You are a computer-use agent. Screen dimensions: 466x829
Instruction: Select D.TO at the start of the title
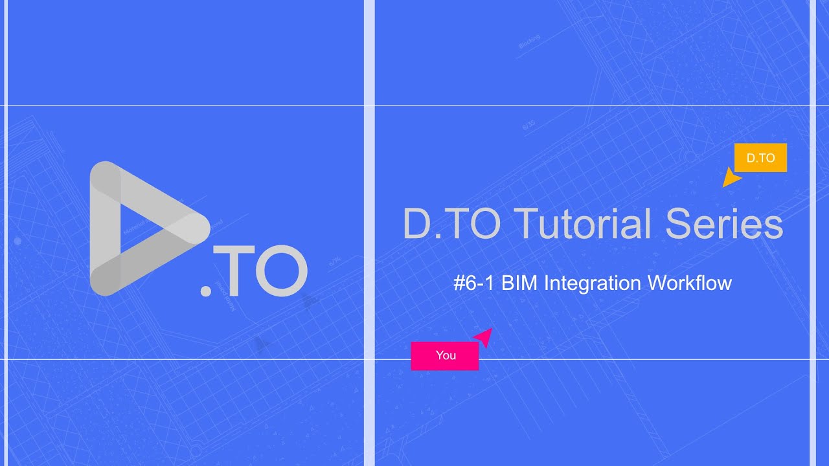pos(451,225)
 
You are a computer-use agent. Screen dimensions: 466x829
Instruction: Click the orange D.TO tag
pos(760,158)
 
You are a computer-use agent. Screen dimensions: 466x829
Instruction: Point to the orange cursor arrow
pos(731,178)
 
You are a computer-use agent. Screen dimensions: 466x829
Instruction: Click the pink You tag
pos(445,355)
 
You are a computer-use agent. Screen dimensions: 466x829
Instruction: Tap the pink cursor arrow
pos(484,336)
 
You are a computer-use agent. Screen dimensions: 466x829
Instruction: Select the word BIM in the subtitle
pos(520,283)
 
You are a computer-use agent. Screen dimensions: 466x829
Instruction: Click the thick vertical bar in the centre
pos(369,233)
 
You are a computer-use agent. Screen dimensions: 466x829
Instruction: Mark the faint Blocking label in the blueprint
pos(529,43)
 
